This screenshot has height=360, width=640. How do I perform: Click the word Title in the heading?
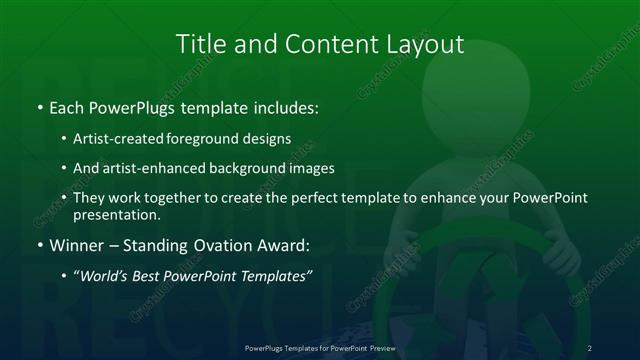tap(200, 45)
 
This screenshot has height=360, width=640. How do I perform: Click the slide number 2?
tap(590, 347)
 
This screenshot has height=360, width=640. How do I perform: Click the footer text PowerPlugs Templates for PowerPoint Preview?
tap(319, 347)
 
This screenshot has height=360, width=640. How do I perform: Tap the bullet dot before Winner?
tap(39, 244)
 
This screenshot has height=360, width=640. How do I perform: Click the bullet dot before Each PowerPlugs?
tap(39, 107)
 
